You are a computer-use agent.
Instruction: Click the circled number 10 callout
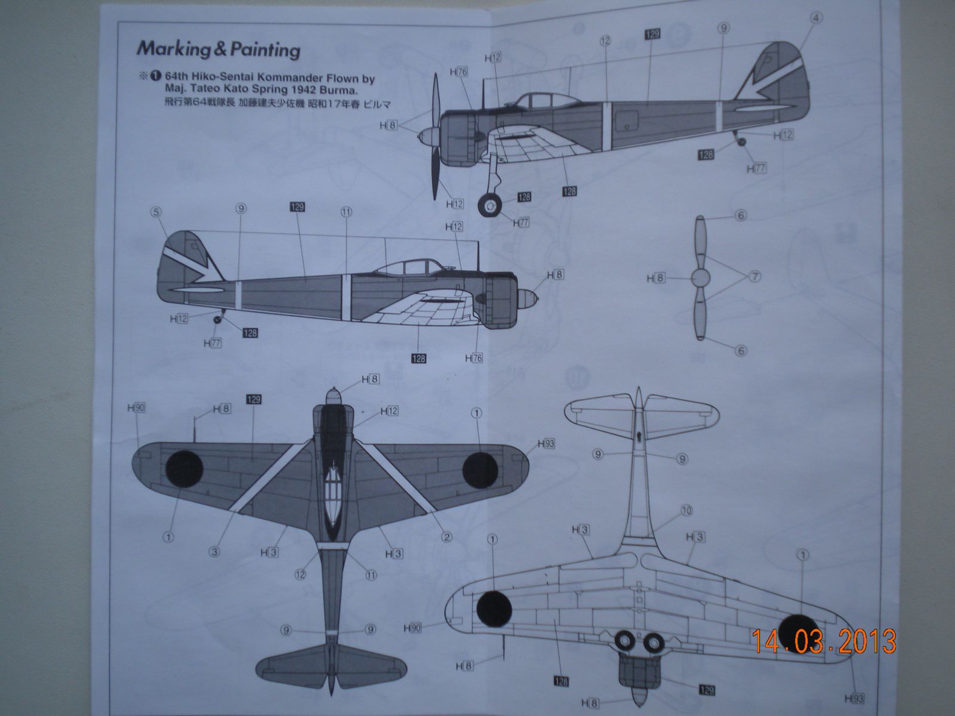[686, 511]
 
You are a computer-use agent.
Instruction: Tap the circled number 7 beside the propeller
[754, 276]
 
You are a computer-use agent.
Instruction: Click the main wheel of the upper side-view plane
[491, 206]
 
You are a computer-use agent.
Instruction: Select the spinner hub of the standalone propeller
[701, 277]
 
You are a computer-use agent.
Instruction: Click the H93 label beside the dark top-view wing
[546, 443]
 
